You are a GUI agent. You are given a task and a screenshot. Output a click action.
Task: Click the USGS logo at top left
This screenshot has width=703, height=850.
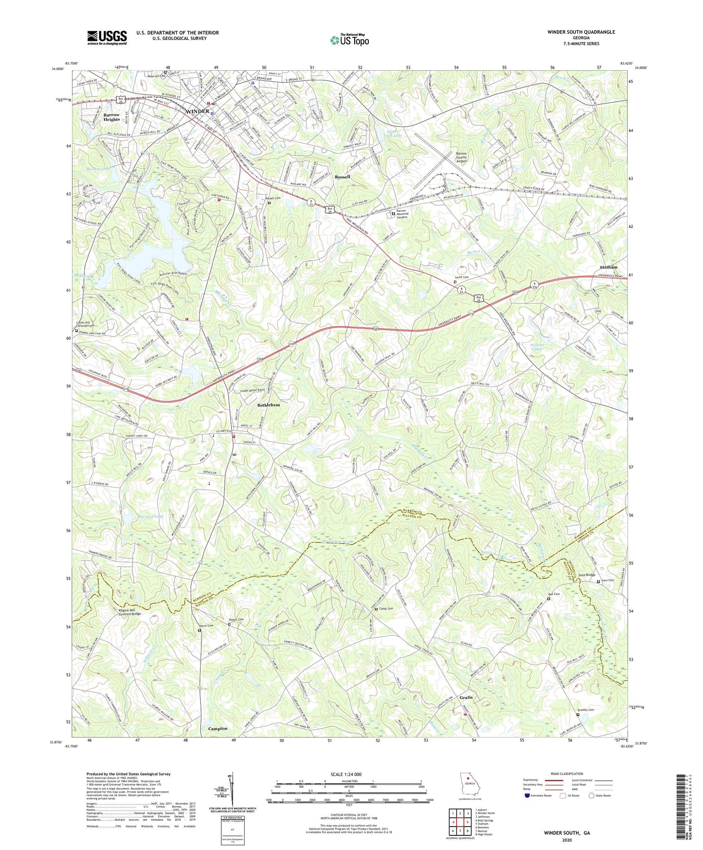[x=107, y=37]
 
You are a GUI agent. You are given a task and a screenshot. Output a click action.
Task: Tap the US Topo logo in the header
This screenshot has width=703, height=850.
[x=349, y=40]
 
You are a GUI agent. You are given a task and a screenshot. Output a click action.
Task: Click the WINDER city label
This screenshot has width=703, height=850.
[x=198, y=111]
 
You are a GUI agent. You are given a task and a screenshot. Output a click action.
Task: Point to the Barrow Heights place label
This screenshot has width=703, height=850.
[x=111, y=117]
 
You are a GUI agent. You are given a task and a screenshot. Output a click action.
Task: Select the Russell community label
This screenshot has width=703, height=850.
[x=342, y=177]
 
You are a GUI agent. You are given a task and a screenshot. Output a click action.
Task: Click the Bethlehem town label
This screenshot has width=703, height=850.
[x=269, y=405]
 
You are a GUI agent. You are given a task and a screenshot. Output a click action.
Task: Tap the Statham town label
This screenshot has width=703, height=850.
[x=608, y=267]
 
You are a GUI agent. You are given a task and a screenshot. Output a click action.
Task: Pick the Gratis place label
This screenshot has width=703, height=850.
[x=466, y=698]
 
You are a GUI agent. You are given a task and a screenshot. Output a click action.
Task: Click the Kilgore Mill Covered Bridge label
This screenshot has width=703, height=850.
[x=130, y=612]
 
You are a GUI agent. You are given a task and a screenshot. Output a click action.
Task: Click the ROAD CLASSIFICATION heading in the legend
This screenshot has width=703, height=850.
[x=567, y=774]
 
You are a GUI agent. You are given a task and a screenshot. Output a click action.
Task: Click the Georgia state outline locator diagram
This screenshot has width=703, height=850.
[x=469, y=784]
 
